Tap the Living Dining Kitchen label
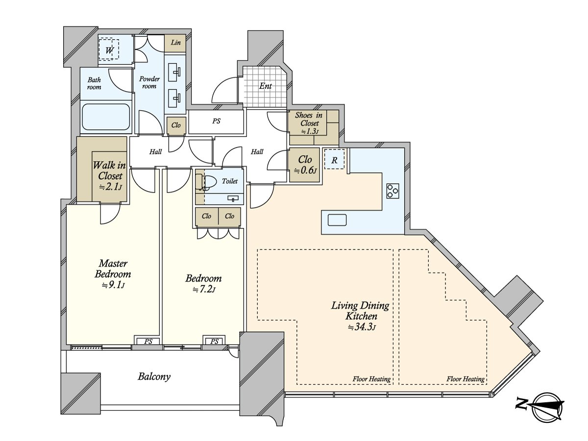point(360,311)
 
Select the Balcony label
point(154,377)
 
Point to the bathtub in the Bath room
point(106,117)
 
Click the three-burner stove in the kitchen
point(392,191)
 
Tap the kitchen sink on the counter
point(337,220)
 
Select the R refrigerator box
point(334,159)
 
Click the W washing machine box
point(109,50)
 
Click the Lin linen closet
point(175,43)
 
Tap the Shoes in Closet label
point(309,119)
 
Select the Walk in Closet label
point(109,171)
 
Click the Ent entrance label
point(266,86)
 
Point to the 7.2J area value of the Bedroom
point(204,290)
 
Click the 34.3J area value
point(362,327)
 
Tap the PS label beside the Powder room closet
point(217,121)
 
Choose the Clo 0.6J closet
point(305,165)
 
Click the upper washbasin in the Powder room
point(174,72)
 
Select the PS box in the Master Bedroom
point(148,342)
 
